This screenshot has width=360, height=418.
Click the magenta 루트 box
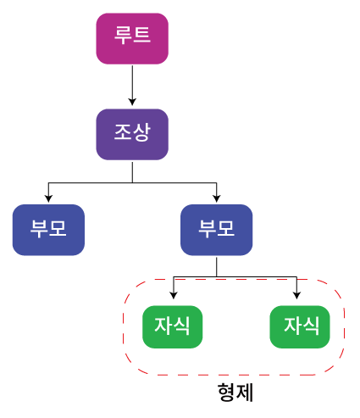(132, 38)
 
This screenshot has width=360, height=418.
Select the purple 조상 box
(132, 135)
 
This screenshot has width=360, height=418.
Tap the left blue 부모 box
(48, 230)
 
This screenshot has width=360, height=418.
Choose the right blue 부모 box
(217, 230)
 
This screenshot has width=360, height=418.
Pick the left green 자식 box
(173, 326)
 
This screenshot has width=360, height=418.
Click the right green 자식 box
(300, 326)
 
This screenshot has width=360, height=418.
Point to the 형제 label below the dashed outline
(235, 393)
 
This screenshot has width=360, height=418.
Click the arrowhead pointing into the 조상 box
(132, 102)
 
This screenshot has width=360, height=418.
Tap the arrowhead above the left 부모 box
(48, 198)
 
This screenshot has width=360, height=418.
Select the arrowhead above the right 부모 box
(217, 198)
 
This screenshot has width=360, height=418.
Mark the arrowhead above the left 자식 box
(174, 295)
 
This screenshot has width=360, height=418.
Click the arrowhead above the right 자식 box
(296, 295)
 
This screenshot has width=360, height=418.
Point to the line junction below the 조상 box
(132, 183)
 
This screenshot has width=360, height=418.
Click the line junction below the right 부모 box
(217, 276)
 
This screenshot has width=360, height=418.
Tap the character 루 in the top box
(123, 35)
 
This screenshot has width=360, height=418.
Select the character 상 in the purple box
(141, 132)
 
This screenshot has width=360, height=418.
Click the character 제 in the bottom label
(245, 393)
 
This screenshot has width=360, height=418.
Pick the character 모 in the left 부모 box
(58, 228)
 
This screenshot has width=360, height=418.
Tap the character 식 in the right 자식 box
(311, 326)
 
